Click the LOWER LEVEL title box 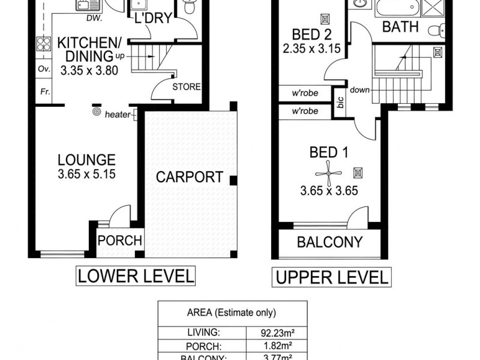click(x=136, y=276)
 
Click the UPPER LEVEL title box click(x=331, y=278)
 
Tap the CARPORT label click(x=189, y=178)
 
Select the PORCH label click(x=120, y=241)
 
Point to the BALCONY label click(x=330, y=242)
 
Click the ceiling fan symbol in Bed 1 click(x=328, y=173)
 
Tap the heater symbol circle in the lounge click(x=96, y=112)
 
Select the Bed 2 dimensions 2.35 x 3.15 click(x=311, y=46)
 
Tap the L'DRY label click(x=153, y=19)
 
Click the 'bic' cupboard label click(x=341, y=103)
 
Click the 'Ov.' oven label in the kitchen click(x=43, y=68)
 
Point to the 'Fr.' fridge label click(x=44, y=92)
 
